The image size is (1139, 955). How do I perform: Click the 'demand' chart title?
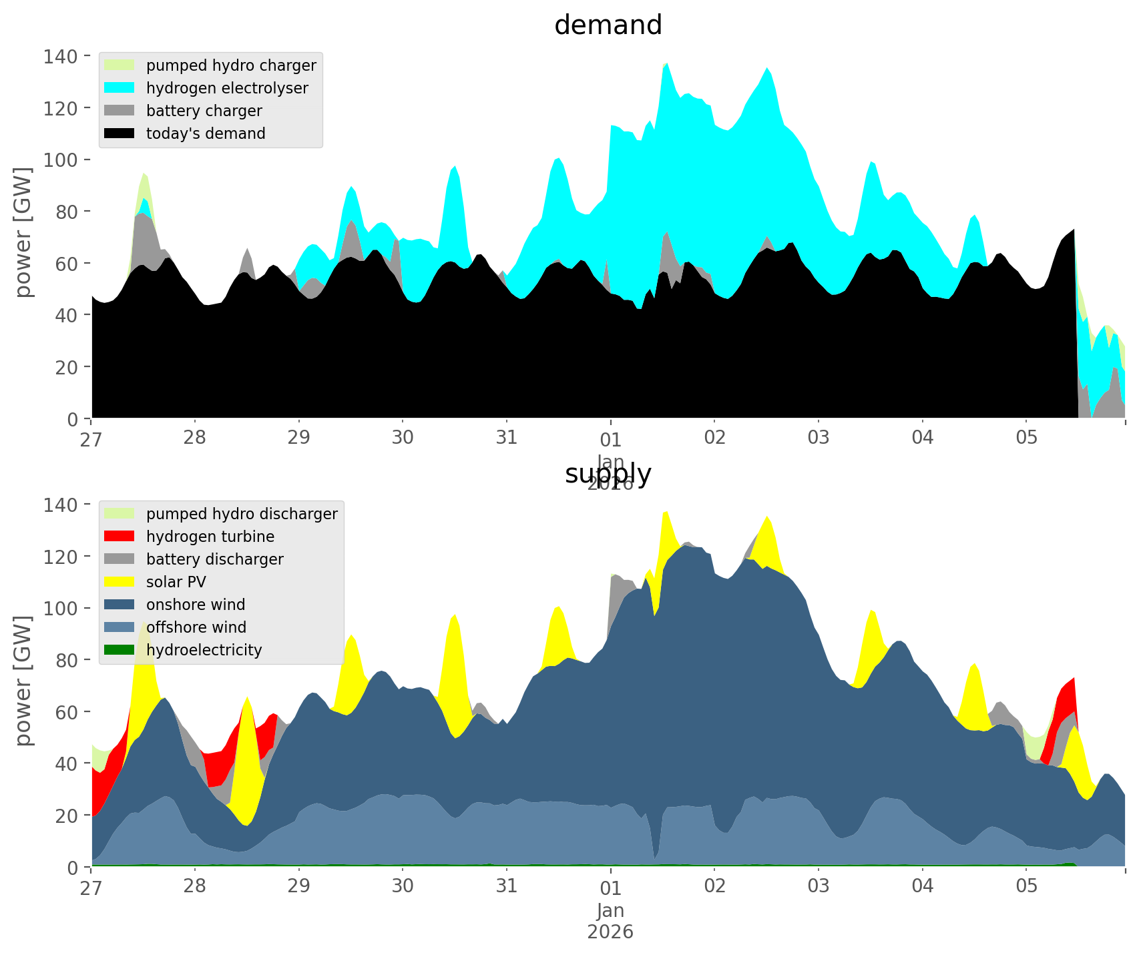pyautogui.click(x=608, y=25)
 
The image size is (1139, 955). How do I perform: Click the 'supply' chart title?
pyautogui.click(x=608, y=474)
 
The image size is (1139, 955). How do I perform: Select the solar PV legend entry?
pyautogui.click(x=176, y=582)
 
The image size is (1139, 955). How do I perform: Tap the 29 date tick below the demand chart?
pyautogui.click(x=298, y=438)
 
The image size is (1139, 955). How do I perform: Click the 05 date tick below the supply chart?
pyautogui.click(x=1026, y=887)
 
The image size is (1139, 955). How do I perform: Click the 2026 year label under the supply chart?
pyautogui.click(x=610, y=932)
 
